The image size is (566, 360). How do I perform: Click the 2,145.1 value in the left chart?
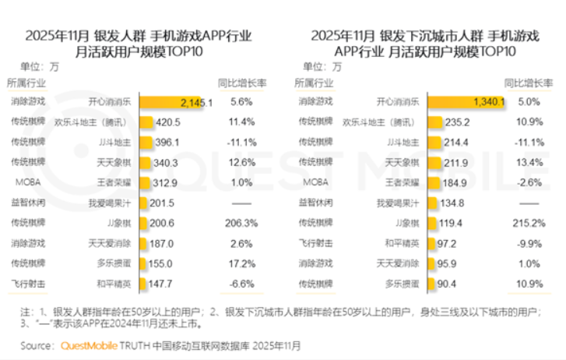[195, 102]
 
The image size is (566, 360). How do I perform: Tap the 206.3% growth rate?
[243, 223]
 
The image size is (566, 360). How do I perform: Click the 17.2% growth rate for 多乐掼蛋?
[243, 263]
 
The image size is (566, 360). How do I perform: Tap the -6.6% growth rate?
[243, 283]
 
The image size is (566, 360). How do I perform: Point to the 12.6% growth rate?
[243, 162]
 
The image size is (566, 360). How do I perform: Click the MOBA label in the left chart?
[22, 182]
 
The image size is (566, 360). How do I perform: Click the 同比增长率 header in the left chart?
[243, 83]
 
